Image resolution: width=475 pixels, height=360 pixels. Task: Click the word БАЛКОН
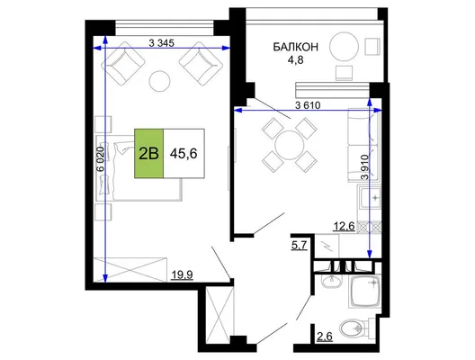point(296,48)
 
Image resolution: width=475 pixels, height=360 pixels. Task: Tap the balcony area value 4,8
point(296,60)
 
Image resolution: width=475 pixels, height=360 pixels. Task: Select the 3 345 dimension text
point(161,43)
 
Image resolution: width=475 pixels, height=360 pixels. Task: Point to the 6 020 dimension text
point(101,159)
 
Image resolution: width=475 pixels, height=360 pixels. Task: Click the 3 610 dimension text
point(308,105)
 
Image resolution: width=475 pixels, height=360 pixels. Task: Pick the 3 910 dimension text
point(365,167)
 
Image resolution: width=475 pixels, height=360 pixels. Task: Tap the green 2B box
point(149,153)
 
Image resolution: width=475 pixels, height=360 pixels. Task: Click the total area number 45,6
point(184,154)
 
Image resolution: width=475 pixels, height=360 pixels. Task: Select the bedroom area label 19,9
point(182,274)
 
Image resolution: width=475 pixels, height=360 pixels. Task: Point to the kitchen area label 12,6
point(344,226)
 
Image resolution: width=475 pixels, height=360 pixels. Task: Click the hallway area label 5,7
point(300,245)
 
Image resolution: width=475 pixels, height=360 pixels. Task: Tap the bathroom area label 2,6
point(325,337)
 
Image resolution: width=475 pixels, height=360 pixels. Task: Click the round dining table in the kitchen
point(290,145)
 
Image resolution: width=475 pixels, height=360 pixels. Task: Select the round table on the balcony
point(344,47)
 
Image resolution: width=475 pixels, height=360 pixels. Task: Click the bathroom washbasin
point(332,282)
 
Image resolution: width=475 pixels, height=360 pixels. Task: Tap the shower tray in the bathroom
point(365,292)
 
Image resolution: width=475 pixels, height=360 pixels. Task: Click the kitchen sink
point(370,197)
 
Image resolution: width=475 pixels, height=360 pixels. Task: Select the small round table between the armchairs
point(159,81)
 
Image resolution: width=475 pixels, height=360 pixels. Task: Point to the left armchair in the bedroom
point(122,63)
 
